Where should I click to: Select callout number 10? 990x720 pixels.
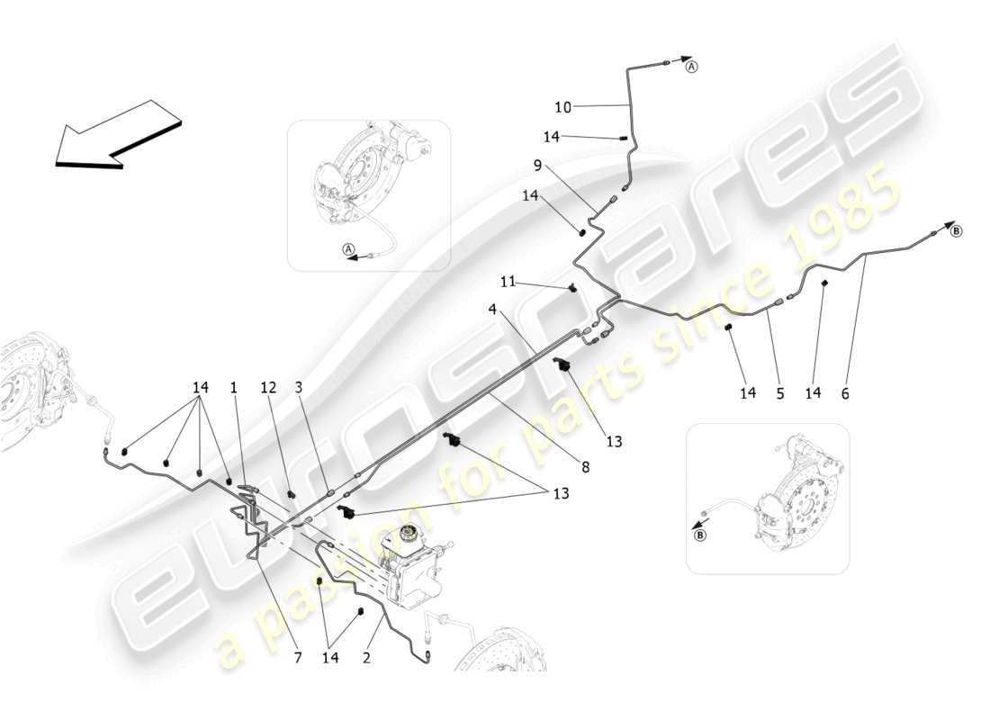coord(562,107)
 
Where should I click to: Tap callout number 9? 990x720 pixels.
coord(563,165)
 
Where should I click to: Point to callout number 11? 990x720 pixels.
coord(508,282)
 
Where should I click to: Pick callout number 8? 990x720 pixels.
coord(585,467)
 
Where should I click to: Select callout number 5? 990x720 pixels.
coord(780,393)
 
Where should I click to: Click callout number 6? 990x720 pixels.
coord(845,393)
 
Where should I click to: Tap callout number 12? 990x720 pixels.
coord(269,387)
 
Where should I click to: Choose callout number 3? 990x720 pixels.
coord(298,387)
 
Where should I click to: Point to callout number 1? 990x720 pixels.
coord(233,387)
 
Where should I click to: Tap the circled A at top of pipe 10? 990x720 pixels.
coord(691,67)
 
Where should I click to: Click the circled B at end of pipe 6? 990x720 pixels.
coord(956,230)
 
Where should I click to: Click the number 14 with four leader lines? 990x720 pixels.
coord(201,387)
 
